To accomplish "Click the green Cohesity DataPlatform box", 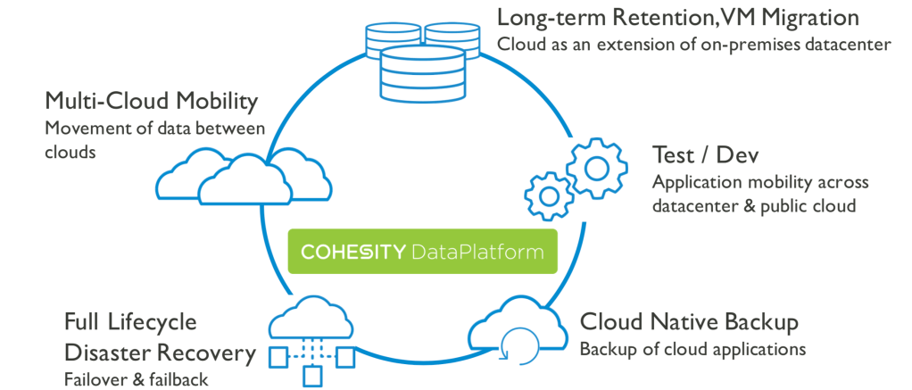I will [x=422, y=252].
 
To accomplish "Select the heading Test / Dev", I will [x=705, y=155].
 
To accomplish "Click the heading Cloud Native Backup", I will [x=689, y=321].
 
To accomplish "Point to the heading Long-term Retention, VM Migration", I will [x=678, y=17].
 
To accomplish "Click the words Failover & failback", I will [x=136, y=379].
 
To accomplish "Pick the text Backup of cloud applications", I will [x=692, y=348].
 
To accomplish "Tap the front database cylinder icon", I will [x=422, y=76].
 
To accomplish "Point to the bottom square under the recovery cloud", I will [x=311, y=378].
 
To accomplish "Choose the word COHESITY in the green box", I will [x=352, y=252].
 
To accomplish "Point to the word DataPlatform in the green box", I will [x=477, y=252].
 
